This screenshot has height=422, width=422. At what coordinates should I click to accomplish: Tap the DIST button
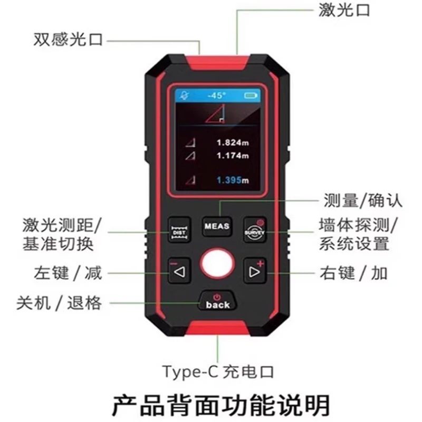click(x=178, y=231)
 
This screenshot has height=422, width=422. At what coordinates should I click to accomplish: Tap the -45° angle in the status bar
click(x=216, y=96)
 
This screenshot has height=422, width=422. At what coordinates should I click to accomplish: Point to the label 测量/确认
click(x=362, y=201)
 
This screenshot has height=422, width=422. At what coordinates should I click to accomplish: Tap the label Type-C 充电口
click(x=218, y=372)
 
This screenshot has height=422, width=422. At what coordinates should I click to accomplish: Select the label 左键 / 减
click(x=67, y=273)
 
